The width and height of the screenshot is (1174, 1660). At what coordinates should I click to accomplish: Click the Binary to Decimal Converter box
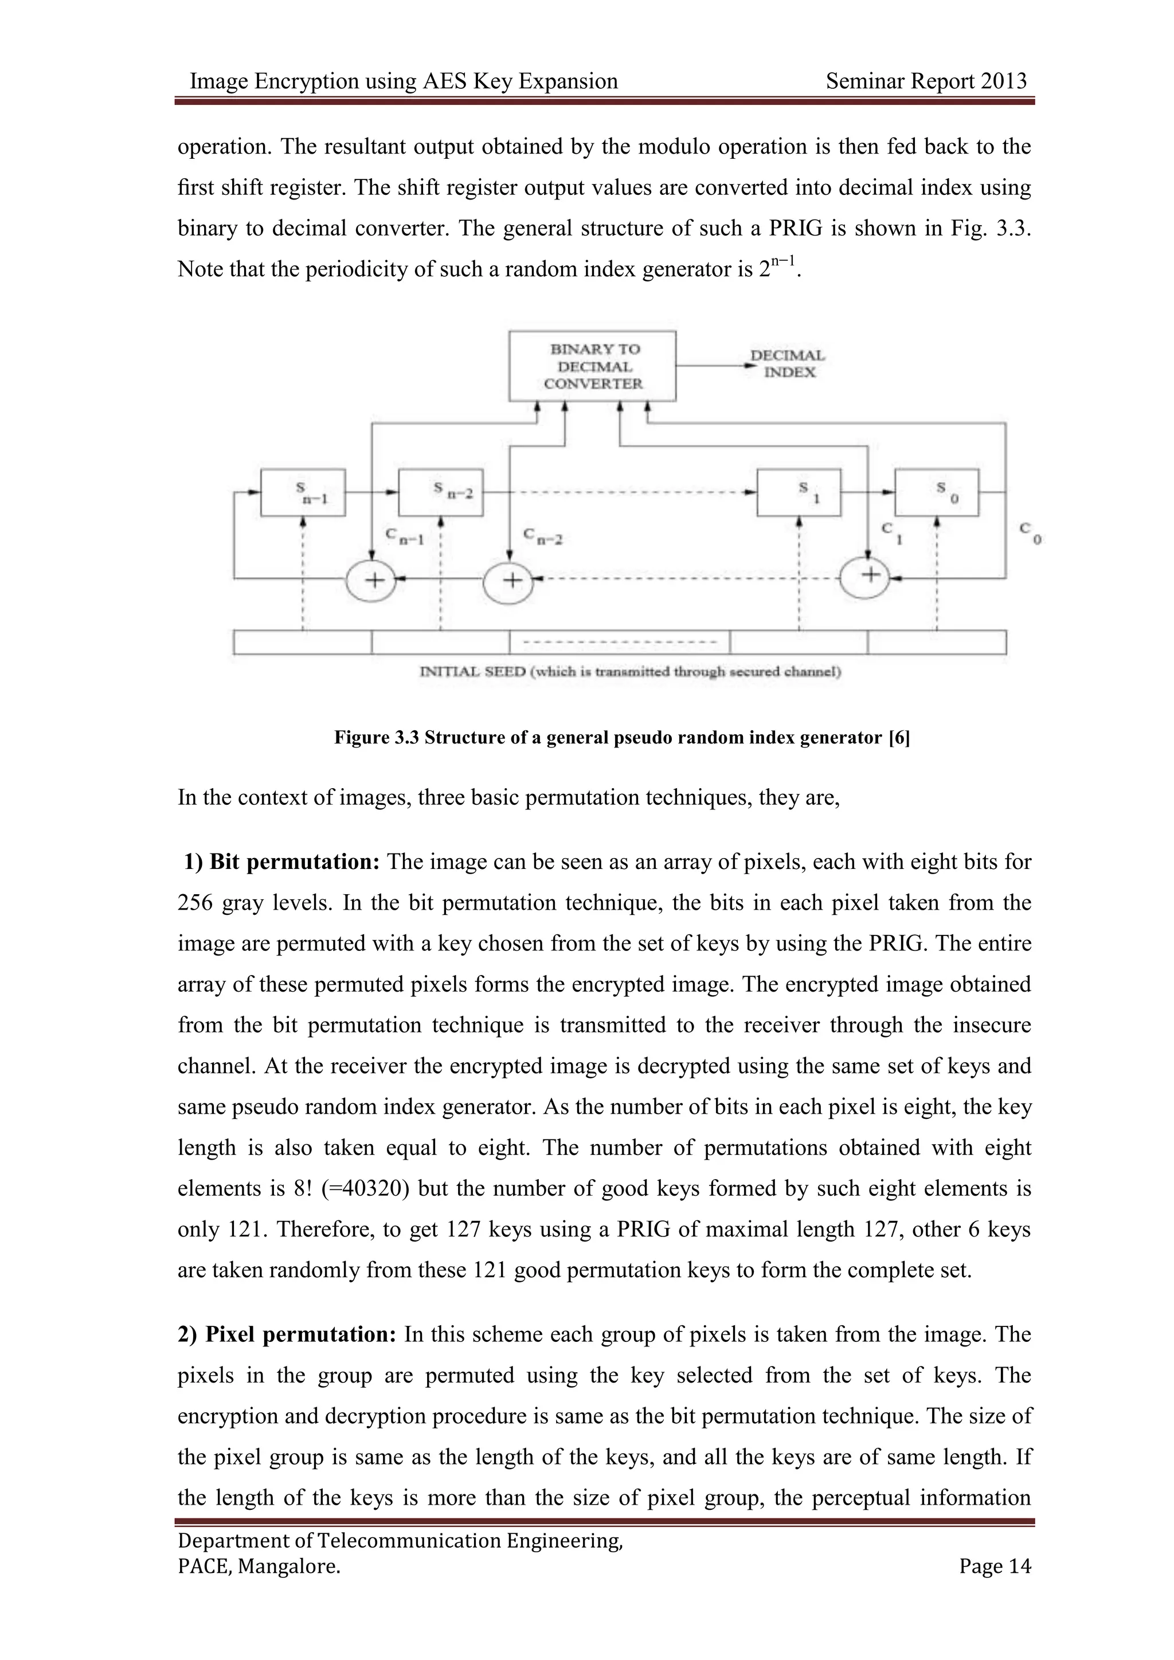click(x=592, y=366)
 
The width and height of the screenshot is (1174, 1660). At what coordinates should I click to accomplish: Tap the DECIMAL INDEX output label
click(x=788, y=363)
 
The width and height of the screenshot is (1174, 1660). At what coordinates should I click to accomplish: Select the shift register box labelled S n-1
click(x=302, y=492)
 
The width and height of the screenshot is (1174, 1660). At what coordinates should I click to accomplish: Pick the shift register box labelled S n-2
click(x=441, y=492)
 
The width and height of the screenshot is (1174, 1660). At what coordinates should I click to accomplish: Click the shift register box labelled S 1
click(x=799, y=492)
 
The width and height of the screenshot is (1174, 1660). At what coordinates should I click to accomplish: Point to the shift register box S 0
click(x=937, y=492)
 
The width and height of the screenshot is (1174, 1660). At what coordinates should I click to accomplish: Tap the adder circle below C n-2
click(x=510, y=581)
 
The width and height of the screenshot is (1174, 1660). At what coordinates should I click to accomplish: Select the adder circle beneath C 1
click(x=868, y=575)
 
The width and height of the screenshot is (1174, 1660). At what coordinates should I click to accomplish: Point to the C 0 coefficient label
click(x=1030, y=534)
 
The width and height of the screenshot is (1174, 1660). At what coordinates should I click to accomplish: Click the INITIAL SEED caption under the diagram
click(x=629, y=672)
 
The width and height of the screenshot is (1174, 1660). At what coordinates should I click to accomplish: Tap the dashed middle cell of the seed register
click(x=620, y=642)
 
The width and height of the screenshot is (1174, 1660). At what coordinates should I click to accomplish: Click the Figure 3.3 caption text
click(x=622, y=738)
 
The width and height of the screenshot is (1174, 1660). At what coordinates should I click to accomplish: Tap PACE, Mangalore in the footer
click(x=259, y=1566)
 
